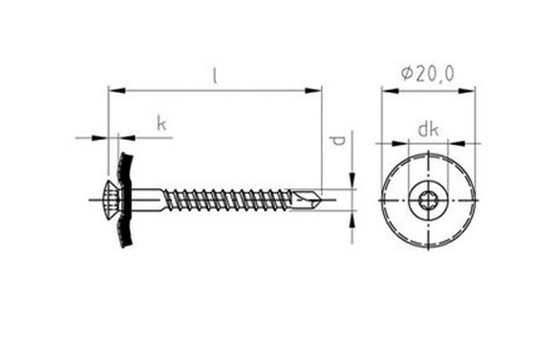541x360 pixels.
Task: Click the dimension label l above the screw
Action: (215, 76)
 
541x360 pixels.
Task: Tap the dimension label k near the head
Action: (162, 124)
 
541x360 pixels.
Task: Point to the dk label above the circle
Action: (428, 130)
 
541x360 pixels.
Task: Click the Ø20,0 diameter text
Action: (428, 74)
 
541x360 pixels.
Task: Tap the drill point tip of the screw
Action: (321, 200)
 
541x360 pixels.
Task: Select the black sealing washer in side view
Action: (125, 200)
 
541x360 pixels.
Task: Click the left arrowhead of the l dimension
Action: (116, 91)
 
